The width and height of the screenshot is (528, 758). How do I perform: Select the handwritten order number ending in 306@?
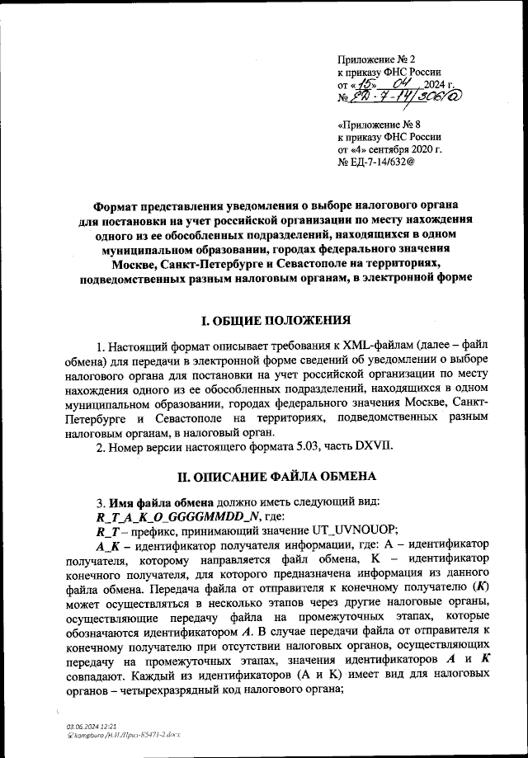[398, 97]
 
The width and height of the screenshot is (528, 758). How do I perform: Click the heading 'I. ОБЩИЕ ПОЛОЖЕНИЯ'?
[265, 320]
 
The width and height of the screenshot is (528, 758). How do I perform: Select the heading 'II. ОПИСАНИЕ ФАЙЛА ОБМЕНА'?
[264, 477]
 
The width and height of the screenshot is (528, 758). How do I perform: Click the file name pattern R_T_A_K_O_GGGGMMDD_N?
[178, 516]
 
